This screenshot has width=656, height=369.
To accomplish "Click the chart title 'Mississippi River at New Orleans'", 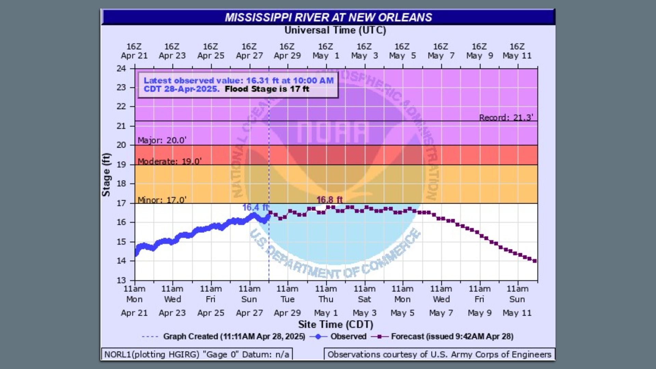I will coord(328,17).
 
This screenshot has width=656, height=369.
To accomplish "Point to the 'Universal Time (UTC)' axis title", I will coord(335,30).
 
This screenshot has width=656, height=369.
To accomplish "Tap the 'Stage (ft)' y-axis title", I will coord(106,175).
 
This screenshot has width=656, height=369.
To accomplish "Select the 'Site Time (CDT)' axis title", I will coord(336,324).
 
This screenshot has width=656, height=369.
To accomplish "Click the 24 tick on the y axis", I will coord(121,68).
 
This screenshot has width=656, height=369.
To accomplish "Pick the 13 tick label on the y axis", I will coord(121,280).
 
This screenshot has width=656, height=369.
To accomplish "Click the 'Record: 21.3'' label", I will coord(506,118).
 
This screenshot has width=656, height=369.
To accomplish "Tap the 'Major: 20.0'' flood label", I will coord(162,140).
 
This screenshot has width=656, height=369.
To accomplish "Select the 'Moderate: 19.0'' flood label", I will coord(169,161).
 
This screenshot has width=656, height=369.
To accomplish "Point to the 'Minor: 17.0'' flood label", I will coord(162,200).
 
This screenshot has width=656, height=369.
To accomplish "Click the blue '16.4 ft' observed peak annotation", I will coord(256,207).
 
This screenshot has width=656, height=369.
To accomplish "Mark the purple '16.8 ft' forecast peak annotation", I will coord(329,200).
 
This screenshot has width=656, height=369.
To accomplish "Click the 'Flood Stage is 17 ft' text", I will coord(267,89).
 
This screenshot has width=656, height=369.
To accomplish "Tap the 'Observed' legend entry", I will coord(348,337).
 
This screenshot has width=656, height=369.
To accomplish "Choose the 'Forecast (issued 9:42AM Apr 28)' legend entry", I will coord(452,337).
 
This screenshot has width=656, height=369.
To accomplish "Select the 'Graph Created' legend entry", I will coord(234,337).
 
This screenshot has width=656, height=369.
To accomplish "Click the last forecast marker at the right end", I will coord(535,261).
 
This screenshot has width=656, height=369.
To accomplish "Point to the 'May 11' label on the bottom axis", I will coord(517,313).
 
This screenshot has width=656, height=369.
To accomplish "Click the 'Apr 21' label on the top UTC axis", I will coord(134,56).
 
